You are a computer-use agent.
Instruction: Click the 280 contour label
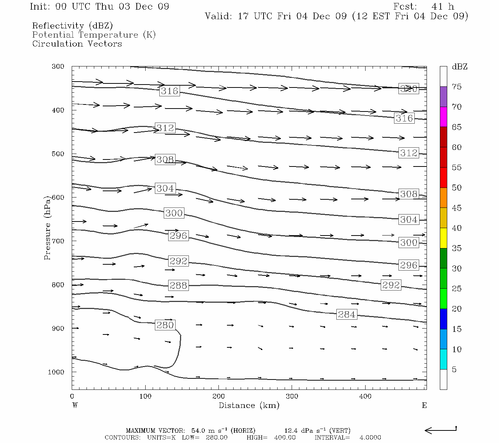[165, 325]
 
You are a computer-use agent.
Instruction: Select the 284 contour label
[347, 315]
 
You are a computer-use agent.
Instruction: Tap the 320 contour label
[408, 89]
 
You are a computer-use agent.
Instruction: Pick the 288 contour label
[178, 285]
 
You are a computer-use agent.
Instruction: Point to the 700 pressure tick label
[58, 241]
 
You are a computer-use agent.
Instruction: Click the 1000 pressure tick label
[56, 372]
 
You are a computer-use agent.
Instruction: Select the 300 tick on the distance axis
[292, 396]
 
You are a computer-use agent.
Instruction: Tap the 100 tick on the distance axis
[145, 396]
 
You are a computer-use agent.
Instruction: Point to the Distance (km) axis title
[249, 406]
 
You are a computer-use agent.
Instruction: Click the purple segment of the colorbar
[443, 97]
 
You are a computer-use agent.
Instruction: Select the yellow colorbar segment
[443, 238]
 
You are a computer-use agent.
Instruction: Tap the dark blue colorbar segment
[443, 319]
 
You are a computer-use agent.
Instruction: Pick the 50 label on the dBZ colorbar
[456, 188]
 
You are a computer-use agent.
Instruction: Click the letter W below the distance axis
[75, 405]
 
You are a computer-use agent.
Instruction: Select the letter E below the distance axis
[424, 405]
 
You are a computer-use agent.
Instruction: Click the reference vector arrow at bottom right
[441, 430]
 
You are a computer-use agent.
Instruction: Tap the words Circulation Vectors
[77, 44]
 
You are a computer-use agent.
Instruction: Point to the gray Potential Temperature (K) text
[94, 35]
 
